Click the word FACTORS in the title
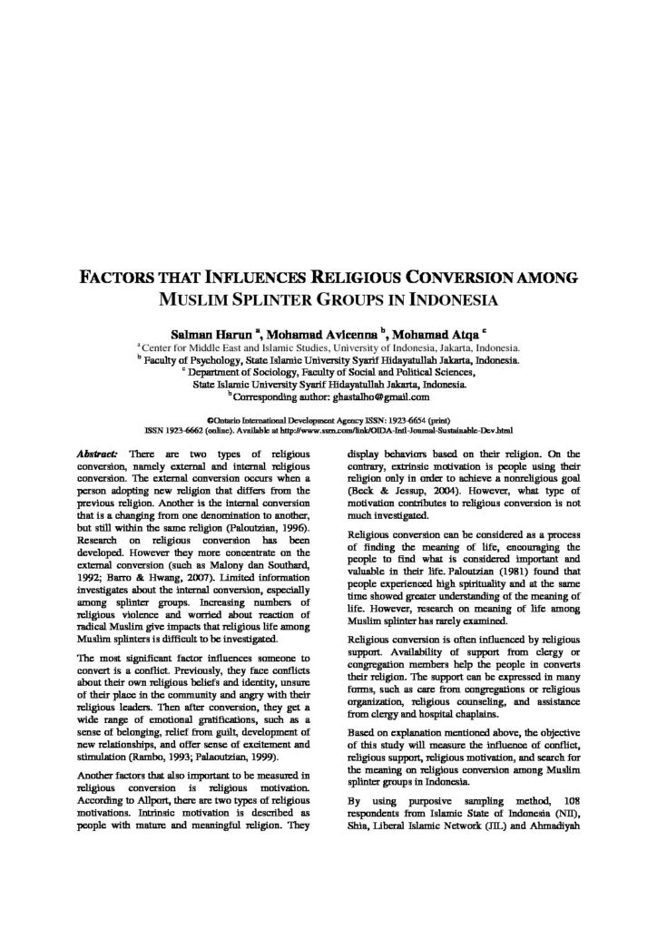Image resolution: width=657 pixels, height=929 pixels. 117,276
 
